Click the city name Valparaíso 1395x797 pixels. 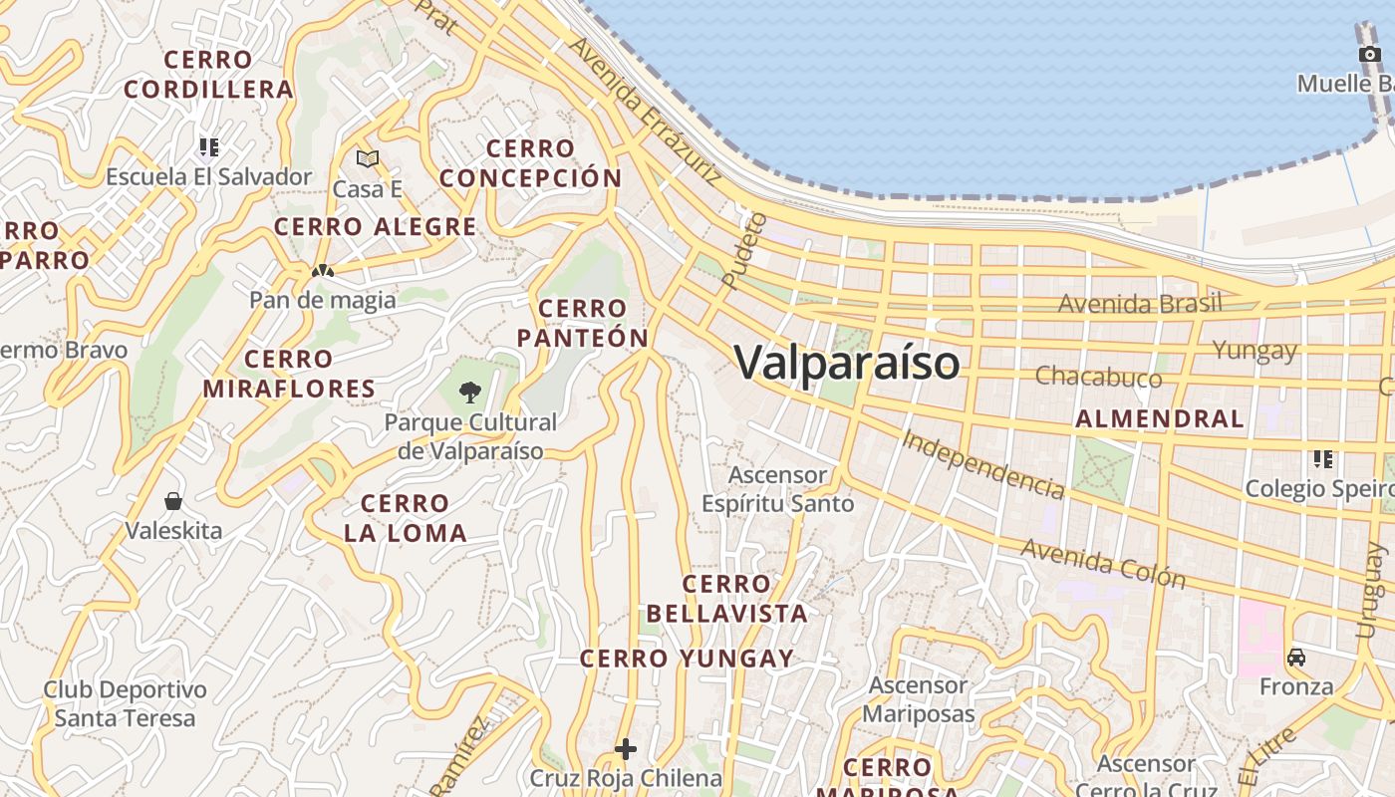point(848,362)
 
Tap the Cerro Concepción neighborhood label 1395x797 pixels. point(531,164)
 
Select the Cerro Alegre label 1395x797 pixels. point(376,227)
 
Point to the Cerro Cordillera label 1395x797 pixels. point(209,75)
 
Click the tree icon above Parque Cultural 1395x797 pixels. point(470,393)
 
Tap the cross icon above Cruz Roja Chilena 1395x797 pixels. point(626,748)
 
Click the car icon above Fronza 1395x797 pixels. point(1296,658)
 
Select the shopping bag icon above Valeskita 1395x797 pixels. point(173,500)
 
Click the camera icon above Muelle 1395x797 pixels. point(1369,54)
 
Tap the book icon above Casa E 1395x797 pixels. point(368,158)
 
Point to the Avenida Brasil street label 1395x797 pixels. point(1140,303)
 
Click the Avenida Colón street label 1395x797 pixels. point(1103,564)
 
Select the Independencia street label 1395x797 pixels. point(982,463)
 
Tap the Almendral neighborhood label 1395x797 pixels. point(1160,418)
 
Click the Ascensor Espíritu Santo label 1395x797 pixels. point(778,489)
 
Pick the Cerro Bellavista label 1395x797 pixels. point(726,599)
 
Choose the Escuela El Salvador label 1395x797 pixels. point(209,177)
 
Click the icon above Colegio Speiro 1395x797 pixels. point(1323,459)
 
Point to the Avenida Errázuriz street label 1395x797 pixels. point(645,111)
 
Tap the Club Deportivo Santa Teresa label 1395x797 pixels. point(126,703)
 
